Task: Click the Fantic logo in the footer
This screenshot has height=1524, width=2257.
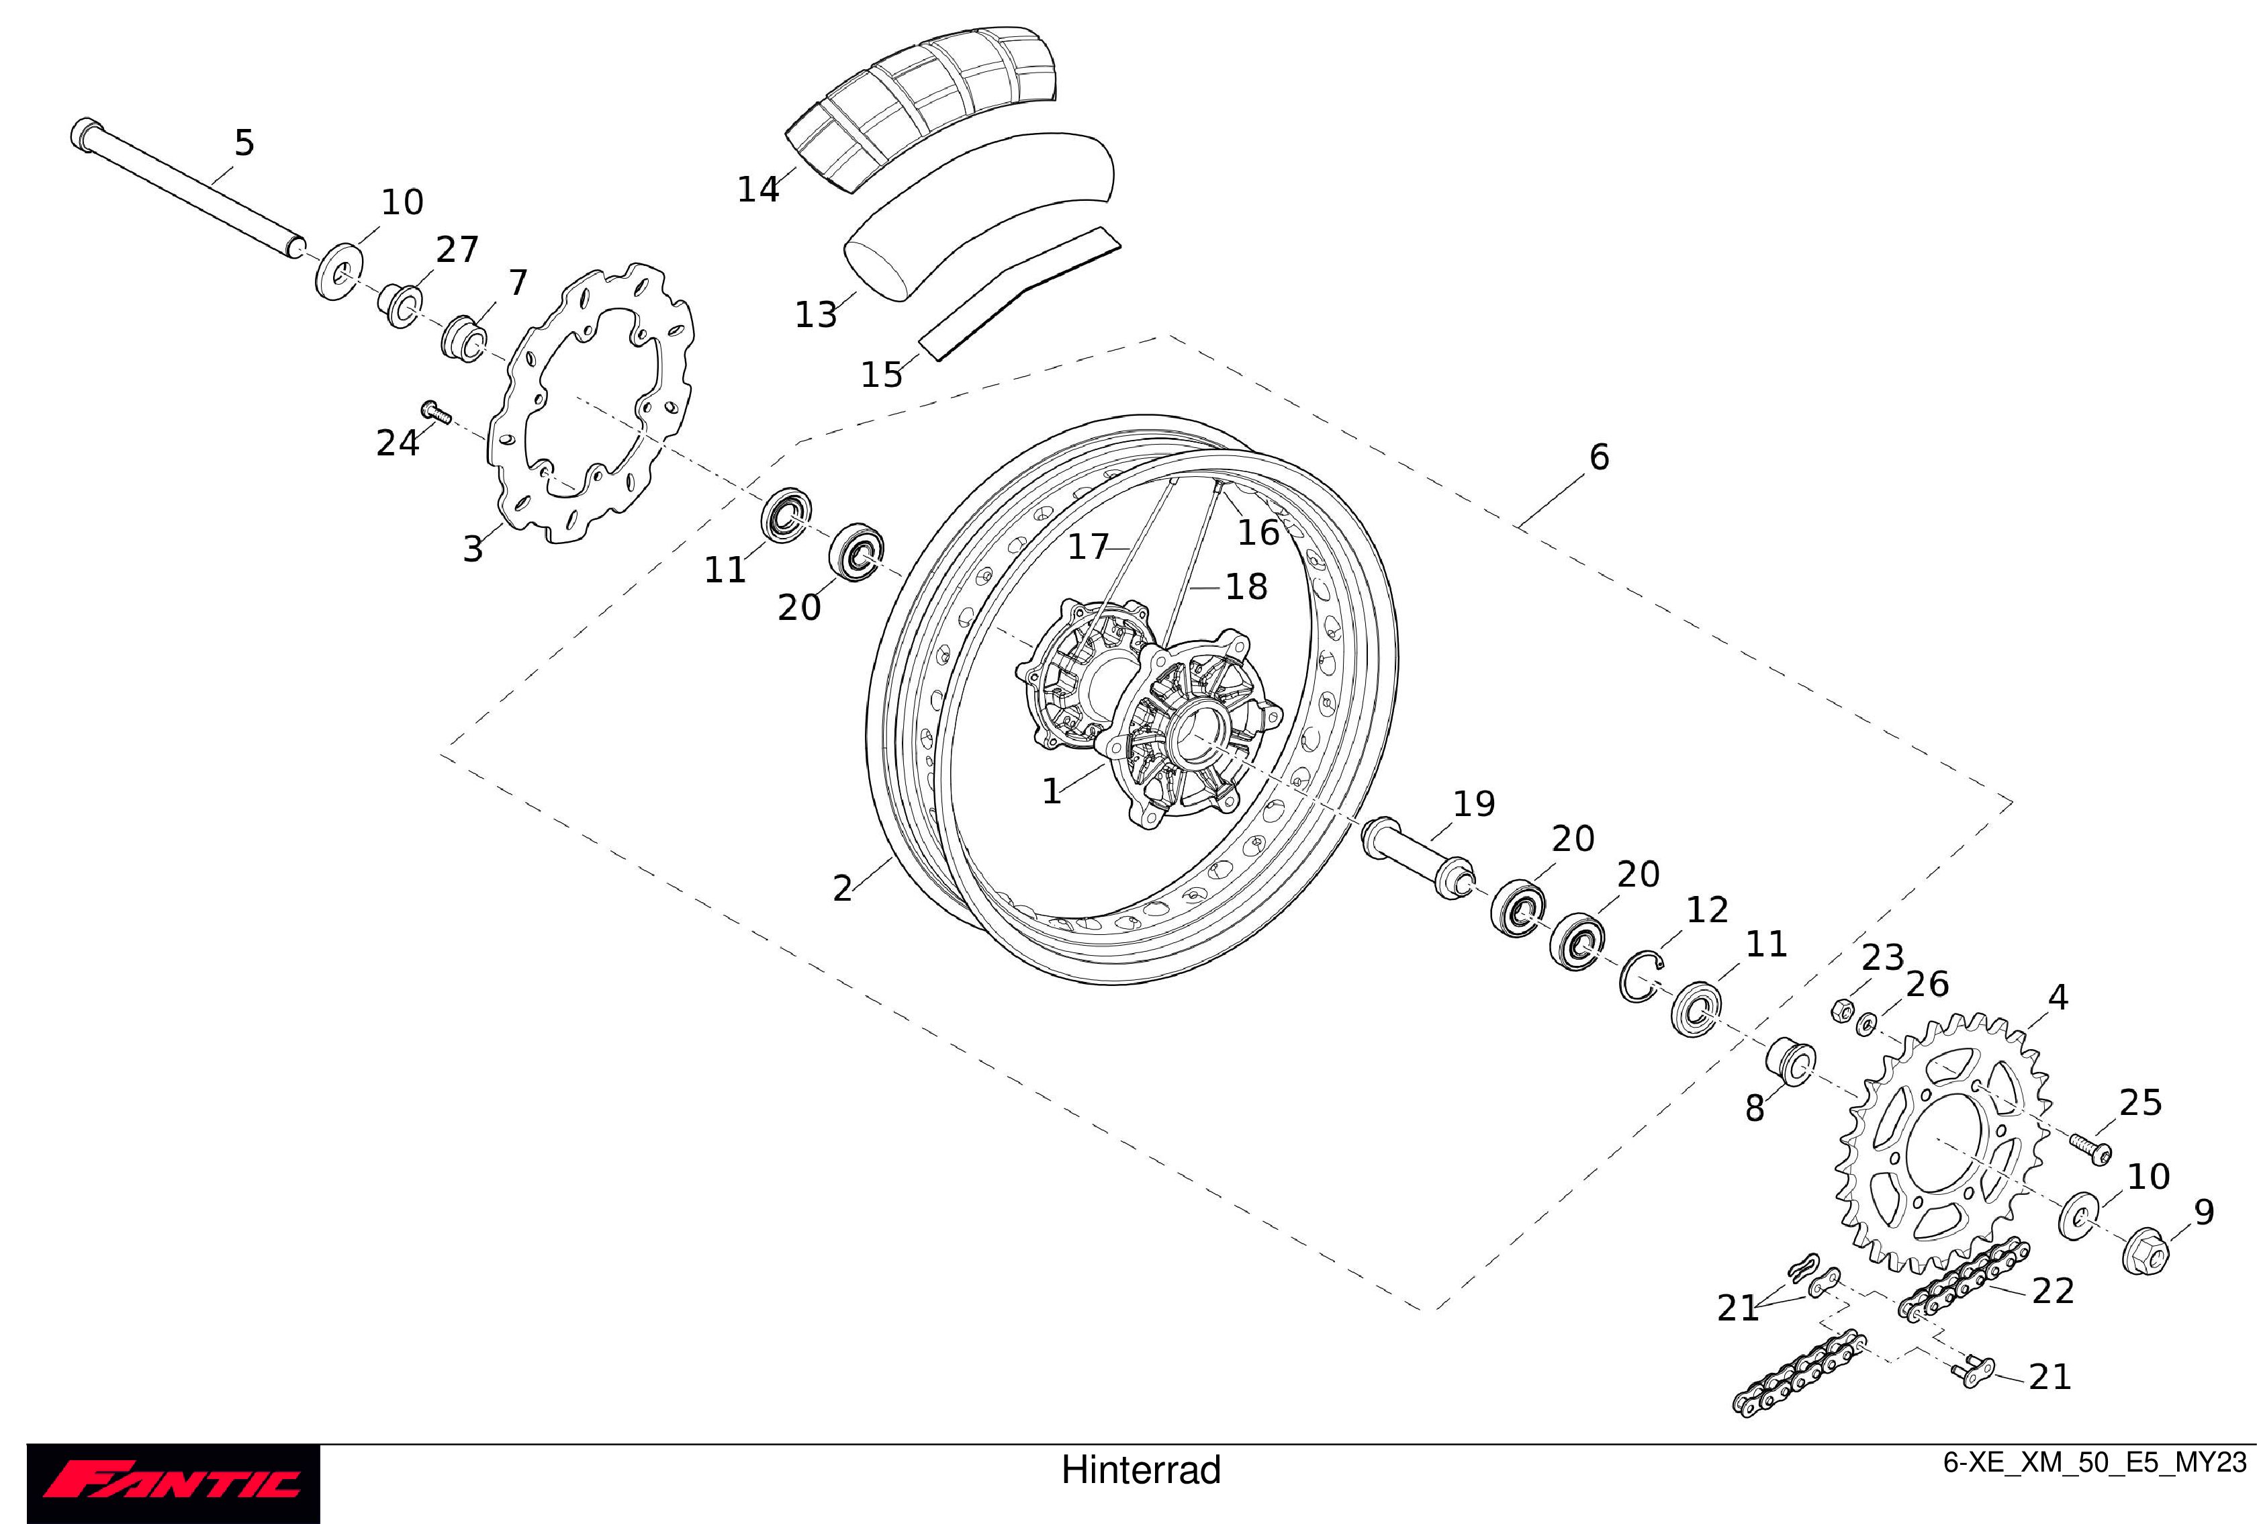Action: coord(173,1483)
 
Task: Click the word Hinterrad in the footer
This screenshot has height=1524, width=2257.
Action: coord(1140,1470)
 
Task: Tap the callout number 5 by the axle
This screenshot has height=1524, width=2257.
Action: coord(244,143)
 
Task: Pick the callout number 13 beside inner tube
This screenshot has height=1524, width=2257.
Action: coord(816,315)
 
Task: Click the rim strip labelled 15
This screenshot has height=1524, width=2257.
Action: coord(1020,292)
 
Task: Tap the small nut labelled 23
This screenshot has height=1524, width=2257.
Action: coord(1841,1011)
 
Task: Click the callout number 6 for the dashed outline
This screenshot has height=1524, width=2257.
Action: coord(1598,457)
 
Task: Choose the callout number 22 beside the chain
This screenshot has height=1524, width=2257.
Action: coord(2052,1291)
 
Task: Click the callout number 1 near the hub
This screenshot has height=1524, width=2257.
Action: coord(1052,792)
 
